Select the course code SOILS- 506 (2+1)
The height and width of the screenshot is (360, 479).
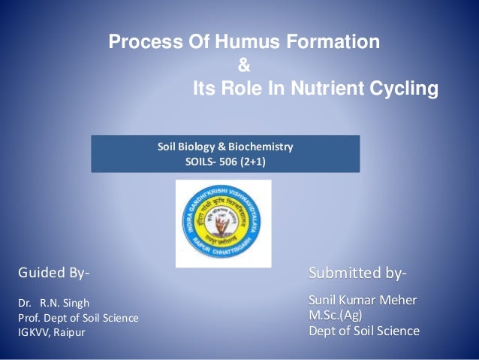(x=225, y=161)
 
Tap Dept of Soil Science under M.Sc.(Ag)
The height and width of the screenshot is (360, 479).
(x=364, y=331)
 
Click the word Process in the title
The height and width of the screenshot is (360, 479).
(x=140, y=42)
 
